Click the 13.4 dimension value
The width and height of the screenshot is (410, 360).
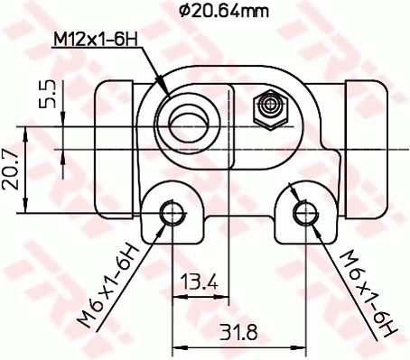(x=199, y=282)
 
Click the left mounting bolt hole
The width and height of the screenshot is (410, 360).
(x=171, y=215)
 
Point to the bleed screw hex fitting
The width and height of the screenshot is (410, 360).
(x=269, y=109)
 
